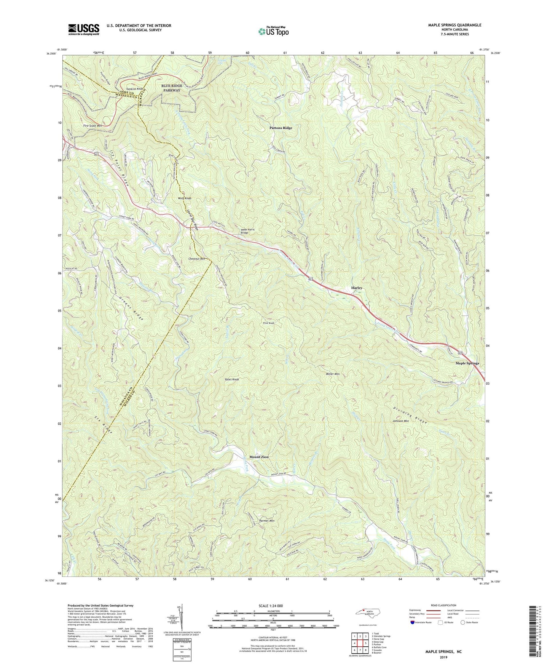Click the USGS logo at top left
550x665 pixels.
click(83, 29)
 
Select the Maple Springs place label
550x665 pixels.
click(467, 363)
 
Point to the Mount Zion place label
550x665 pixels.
click(259, 457)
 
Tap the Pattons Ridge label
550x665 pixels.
click(281, 128)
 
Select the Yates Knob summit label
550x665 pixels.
click(232, 380)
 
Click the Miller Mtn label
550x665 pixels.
click(333, 374)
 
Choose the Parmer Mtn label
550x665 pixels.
click(266, 520)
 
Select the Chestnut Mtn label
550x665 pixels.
click(197, 259)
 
